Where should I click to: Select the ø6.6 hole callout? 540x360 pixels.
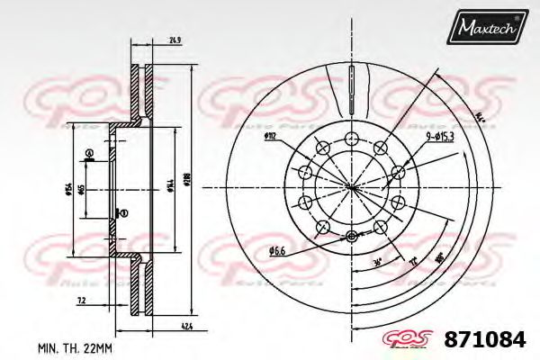[x=276, y=251]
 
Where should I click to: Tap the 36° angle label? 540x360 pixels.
[x=375, y=262]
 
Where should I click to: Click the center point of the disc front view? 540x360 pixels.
[x=350, y=186]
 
